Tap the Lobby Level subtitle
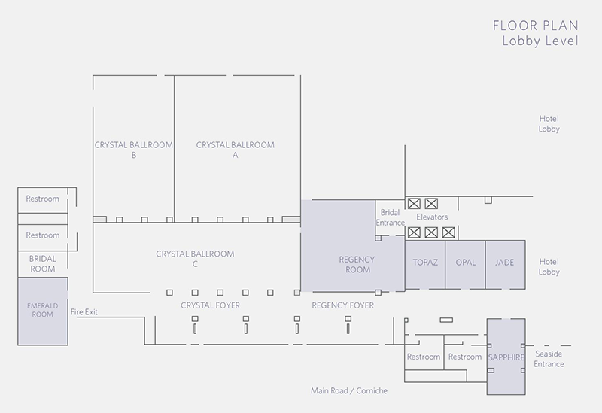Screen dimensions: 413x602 coord(540,41)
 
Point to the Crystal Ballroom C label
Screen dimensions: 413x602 coord(195,259)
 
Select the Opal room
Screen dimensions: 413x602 coord(465,263)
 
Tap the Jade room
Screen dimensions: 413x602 coord(504,263)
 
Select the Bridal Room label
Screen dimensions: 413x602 coord(43,263)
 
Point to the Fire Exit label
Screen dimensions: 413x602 coord(84,311)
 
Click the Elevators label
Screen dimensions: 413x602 coord(432,217)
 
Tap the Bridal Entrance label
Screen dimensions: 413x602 coord(390,218)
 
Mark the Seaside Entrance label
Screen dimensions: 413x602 coord(549,359)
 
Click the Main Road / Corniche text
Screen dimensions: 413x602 coord(348,391)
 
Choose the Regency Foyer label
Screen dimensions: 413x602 coord(342,305)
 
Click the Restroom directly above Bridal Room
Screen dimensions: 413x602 coord(43,235)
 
